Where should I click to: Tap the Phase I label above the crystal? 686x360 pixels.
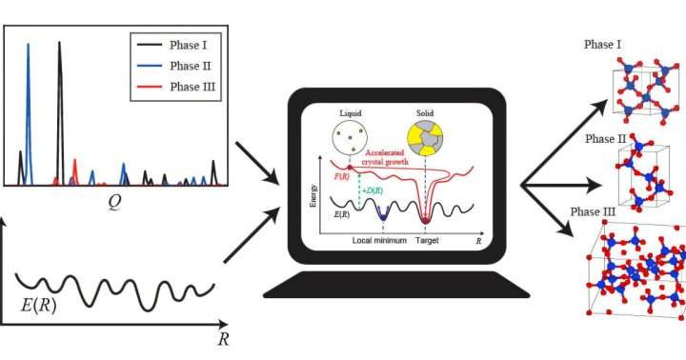602,46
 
